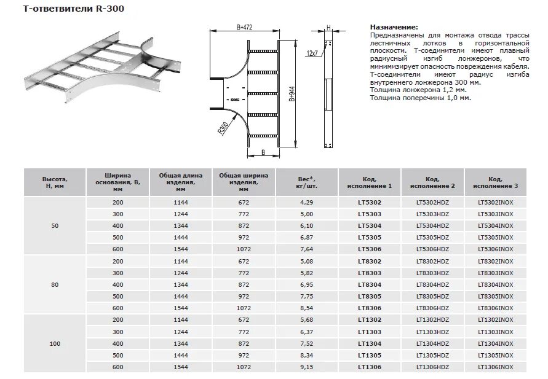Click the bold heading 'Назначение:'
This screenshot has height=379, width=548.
pos(394,28)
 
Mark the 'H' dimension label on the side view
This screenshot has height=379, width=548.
pos(329,28)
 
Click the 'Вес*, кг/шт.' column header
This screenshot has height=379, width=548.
pos(307,182)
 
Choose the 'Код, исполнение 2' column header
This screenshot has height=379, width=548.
pos(432,182)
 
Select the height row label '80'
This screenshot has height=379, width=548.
pos(55,284)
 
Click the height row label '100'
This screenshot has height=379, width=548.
pos(55,343)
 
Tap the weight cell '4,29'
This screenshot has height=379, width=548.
pos(307,202)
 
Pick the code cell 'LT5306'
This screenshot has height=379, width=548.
pos(369,249)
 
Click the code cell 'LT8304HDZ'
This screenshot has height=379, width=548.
pos(432,284)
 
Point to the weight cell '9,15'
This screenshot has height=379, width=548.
pos(307,367)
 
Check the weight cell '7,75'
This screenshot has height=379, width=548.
pos(307,296)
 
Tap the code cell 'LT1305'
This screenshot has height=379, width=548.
pos(369,355)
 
